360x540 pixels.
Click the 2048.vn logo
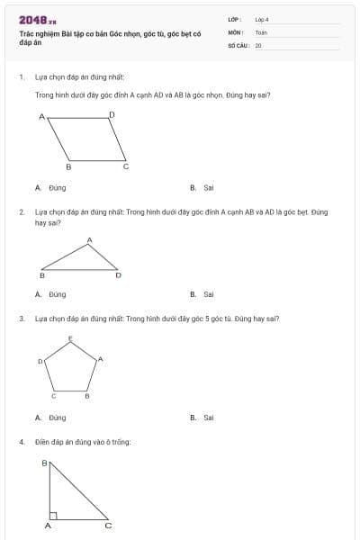38,20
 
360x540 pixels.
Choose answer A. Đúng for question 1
51,188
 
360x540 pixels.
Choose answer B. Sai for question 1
202,188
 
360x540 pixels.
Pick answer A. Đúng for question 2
51,293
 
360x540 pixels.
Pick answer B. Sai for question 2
202,293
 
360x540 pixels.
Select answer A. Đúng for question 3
51,418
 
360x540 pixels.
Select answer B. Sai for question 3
202,418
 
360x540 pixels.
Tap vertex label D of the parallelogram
112,114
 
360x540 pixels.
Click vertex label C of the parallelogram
126,166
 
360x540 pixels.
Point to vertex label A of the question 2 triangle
89,239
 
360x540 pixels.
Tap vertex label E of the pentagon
71,338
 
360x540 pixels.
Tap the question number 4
21,442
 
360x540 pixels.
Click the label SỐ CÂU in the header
237,44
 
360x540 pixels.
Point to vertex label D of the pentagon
40,361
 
